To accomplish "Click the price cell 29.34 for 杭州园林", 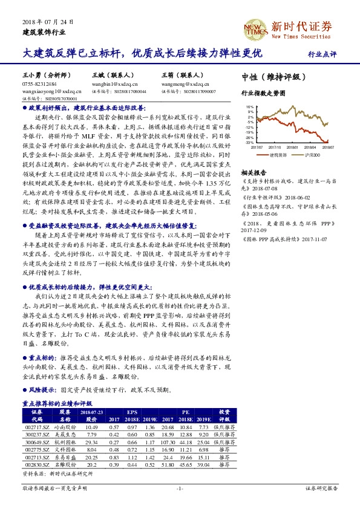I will point(92,442).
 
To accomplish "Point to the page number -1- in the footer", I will point(179,487).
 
